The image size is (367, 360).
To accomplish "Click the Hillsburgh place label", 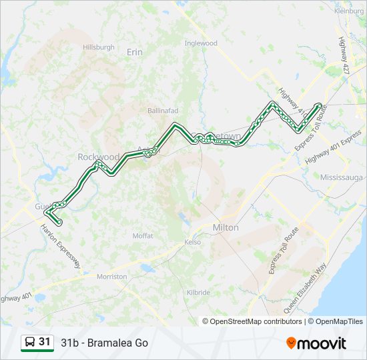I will tap(99, 47).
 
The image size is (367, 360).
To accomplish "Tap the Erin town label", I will tap(135, 51).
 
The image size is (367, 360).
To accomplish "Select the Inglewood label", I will tap(201, 43).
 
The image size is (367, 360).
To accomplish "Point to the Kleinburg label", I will tap(349, 11).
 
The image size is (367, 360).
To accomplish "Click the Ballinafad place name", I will tap(163, 110).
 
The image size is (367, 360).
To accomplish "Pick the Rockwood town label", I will tap(98, 157).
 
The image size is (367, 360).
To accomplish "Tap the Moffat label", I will tap(143, 236).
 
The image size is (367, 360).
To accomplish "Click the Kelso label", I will tap(193, 242).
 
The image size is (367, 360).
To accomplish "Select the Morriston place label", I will tap(111, 276).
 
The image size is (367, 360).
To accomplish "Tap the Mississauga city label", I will tap(341, 179).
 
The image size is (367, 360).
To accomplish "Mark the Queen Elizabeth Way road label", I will tap(305, 288).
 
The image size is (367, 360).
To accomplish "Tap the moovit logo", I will tap(316, 343).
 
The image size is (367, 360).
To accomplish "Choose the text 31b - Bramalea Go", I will tap(104, 343).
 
